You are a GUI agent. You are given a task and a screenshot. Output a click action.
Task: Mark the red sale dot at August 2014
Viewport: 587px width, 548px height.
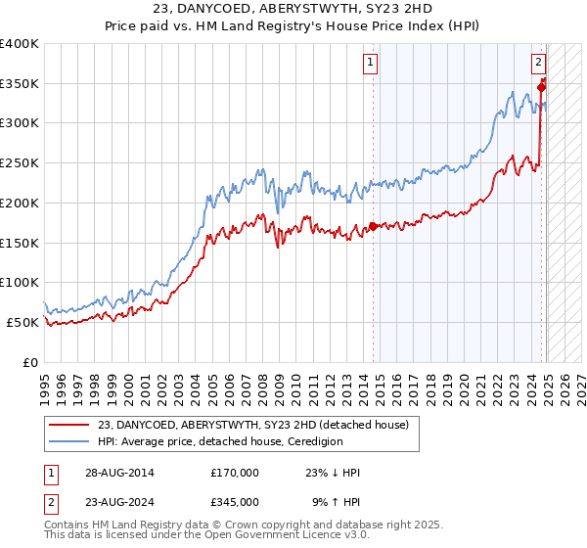click(373, 227)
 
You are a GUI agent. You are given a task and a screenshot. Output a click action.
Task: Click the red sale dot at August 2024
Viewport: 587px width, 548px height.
click(542, 87)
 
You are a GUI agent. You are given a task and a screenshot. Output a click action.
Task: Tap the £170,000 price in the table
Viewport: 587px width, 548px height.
click(236, 473)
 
